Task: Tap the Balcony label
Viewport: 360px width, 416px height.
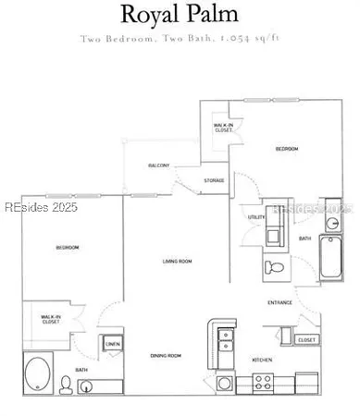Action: (157, 165)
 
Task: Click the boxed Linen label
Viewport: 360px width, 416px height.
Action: (113, 344)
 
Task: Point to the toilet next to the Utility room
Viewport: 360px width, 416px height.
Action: (274, 268)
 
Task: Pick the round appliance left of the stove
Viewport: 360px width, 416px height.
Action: (224, 383)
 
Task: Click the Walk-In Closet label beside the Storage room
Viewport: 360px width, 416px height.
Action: (222, 128)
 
